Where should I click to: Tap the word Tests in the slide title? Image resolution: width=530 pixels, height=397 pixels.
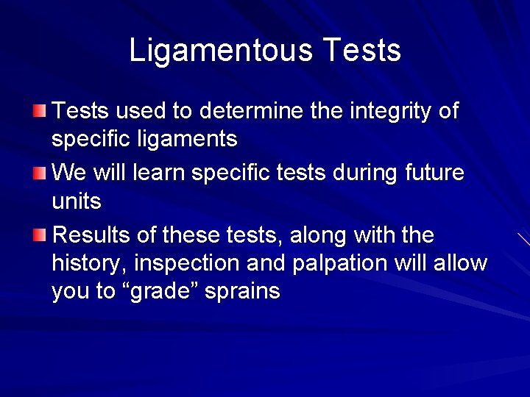point(361,51)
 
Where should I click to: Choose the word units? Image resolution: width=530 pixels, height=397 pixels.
point(77,201)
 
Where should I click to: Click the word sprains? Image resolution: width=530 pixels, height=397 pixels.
point(243,292)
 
